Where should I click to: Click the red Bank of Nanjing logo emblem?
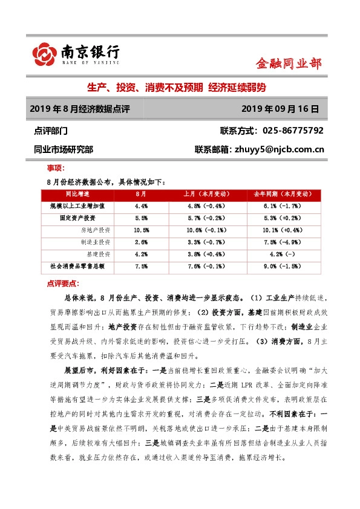pyautogui.click(x=43, y=53)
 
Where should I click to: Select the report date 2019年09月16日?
pyautogui.click(x=279, y=109)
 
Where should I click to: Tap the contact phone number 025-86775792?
pyautogui.click(x=290, y=131)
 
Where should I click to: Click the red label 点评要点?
pyautogui.click(x=63, y=283)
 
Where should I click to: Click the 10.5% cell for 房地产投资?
pyautogui.click(x=142, y=230)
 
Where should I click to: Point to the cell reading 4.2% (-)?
pyautogui.click(x=281, y=254)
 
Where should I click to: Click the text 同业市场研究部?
pyautogui.click(x=64, y=149)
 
